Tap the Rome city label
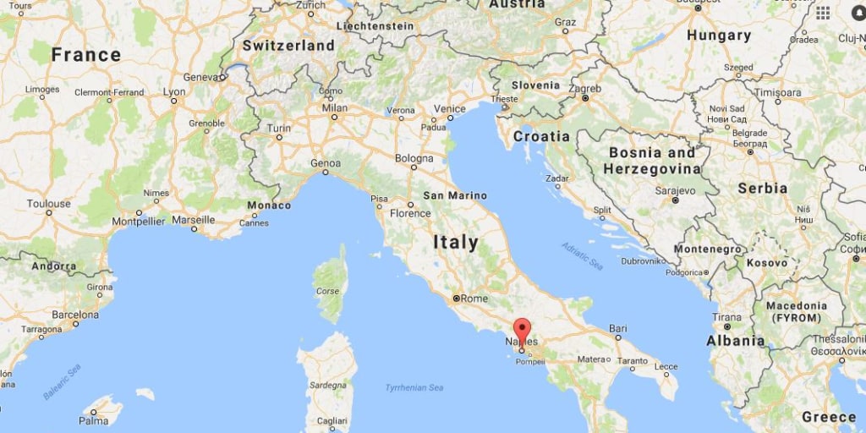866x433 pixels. click(474, 298)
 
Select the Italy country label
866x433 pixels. click(456, 242)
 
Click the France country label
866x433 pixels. click(85, 55)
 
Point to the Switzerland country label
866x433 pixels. click(288, 46)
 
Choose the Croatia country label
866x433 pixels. click(541, 136)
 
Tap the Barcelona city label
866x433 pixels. click(75, 315)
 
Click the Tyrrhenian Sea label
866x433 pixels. click(414, 387)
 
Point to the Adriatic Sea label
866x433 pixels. click(582, 255)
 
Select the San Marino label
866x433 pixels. click(455, 195)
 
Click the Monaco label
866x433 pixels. click(269, 206)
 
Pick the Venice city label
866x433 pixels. click(449, 108)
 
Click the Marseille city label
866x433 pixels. click(193, 220)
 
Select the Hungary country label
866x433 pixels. click(719, 36)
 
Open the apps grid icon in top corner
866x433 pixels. click(823, 12)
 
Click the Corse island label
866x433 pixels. click(327, 291)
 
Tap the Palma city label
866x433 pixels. click(94, 420)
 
